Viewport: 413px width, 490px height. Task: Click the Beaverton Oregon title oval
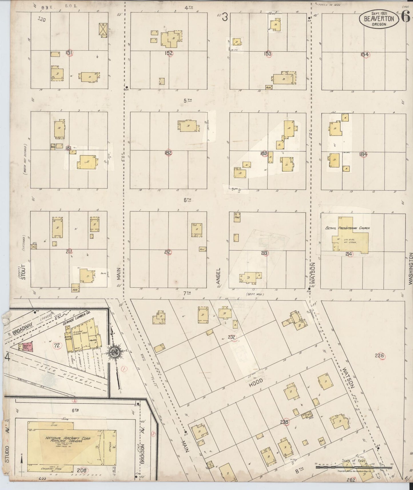(379, 19)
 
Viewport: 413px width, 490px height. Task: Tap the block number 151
(69, 53)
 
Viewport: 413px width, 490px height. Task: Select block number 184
(364, 154)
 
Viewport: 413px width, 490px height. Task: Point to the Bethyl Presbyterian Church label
(348, 228)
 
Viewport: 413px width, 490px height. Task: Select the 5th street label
(187, 100)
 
